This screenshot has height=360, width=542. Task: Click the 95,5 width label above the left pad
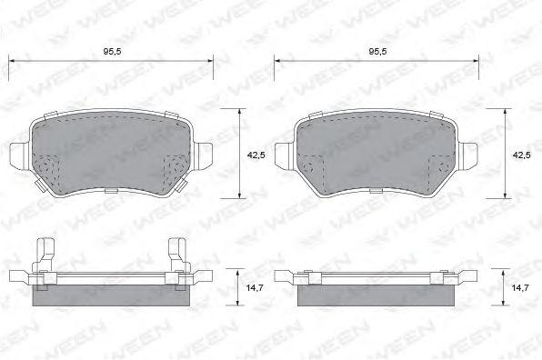[113, 52]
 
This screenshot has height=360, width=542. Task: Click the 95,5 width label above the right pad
[377, 52]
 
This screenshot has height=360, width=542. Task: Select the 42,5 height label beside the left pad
[256, 155]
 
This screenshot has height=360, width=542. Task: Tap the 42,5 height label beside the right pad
[521, 155]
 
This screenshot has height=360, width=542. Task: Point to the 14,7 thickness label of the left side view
[255, 287]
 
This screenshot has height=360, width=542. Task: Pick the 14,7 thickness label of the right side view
[520, 287]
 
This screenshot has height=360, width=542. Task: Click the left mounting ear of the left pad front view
[20, 156]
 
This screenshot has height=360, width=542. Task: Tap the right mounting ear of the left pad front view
[203, 156]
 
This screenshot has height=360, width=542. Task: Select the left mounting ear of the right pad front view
[285, 156]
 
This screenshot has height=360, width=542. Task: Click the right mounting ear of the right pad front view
[467, 156]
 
